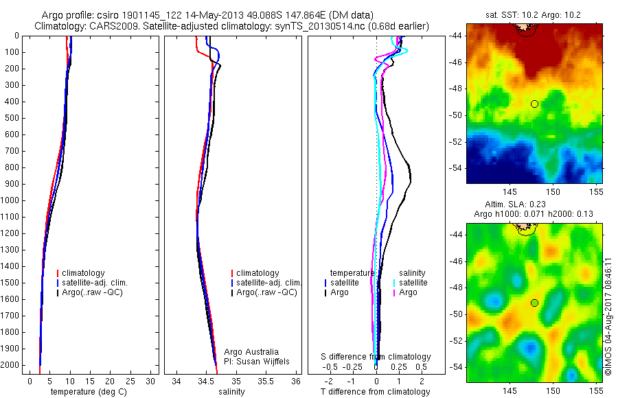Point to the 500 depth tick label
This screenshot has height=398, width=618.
pos(12,118)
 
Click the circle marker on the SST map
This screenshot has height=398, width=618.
pos(534,104)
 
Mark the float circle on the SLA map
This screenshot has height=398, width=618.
pos(534,303)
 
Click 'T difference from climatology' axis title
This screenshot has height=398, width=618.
pos(375,392)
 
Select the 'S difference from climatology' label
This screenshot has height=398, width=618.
pos(376,357)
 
